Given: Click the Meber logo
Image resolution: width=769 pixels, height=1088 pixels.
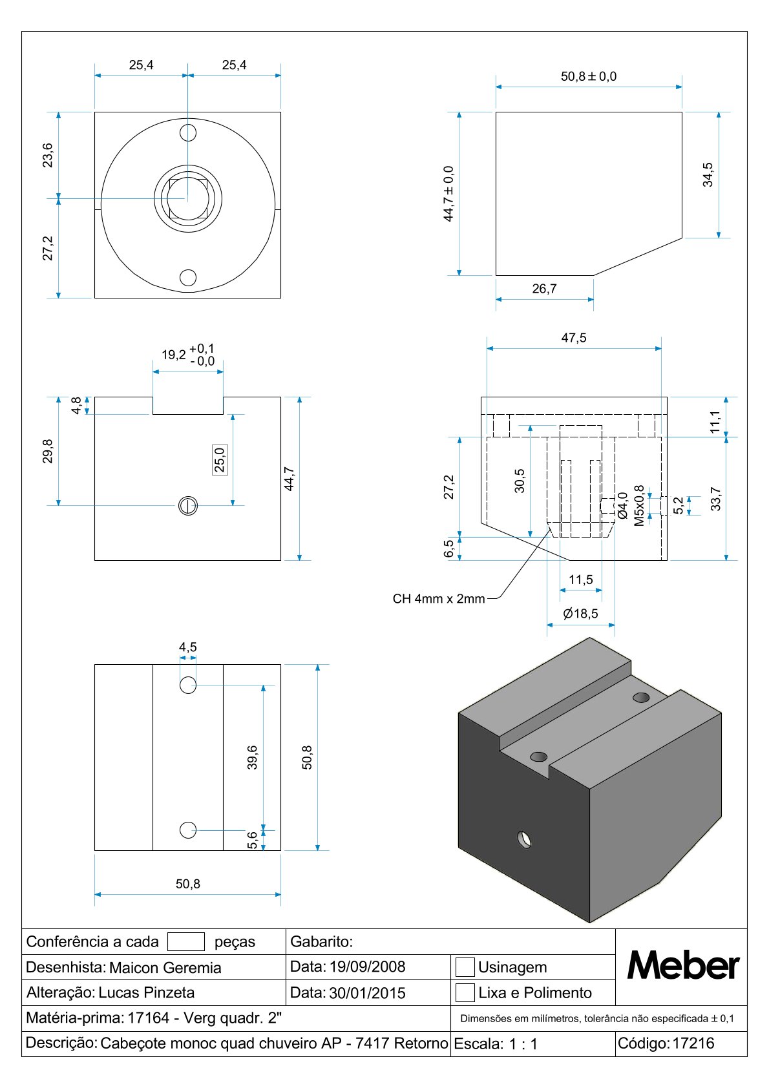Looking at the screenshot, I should point(682,966).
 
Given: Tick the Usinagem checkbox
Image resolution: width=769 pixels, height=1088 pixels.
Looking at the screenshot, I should point(465,967).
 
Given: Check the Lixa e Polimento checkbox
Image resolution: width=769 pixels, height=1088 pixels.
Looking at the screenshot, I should point(465,992).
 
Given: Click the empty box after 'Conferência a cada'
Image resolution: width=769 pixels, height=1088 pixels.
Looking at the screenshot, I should point(186,941).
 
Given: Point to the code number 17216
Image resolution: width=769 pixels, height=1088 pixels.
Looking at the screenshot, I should point(693,1043).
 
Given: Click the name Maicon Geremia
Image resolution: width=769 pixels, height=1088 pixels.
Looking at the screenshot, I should point(165,967).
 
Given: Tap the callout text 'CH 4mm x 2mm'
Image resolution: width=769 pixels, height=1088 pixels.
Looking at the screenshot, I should point(439,599).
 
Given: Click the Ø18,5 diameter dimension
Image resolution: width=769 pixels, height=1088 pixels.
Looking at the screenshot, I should point(580,614).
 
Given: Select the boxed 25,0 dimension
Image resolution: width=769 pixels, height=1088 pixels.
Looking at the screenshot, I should point(220,460).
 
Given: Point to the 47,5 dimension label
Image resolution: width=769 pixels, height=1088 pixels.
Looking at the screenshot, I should point(574,338).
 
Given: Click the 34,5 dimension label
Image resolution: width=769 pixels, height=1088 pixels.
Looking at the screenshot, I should point(708,174).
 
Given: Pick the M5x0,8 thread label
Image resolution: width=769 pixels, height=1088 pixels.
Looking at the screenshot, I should point(639,505).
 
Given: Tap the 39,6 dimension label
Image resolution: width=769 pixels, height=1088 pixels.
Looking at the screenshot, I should point(252,757).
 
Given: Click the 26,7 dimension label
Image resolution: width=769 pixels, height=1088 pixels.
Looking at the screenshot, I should point(544,289).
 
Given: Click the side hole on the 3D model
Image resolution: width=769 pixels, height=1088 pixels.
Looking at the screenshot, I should point(525,839).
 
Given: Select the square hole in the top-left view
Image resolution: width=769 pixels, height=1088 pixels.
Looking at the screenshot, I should point(188,198).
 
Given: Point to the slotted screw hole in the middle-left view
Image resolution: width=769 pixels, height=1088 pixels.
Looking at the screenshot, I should point(188,505).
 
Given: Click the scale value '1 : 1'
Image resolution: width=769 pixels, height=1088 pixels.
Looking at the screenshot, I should point(523,1044).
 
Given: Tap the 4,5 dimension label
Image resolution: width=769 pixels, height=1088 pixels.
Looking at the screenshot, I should point(188,647).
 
